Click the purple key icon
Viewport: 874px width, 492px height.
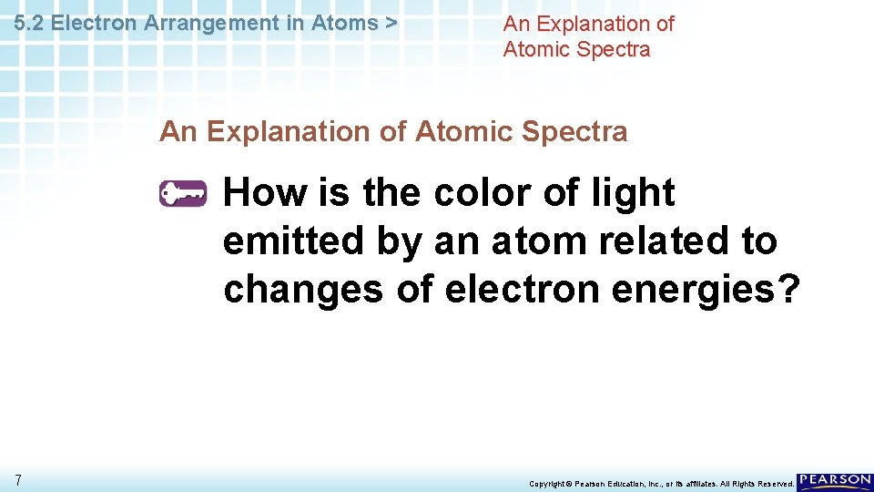point(183,194)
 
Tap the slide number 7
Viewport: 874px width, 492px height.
point(18,480)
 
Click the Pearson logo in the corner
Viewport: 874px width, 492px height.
point(835,482)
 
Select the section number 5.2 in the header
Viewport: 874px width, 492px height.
point(31,24)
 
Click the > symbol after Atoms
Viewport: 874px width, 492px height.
point(391,24)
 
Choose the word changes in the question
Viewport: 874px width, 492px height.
point(303,290)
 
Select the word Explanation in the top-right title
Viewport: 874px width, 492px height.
point(591,24)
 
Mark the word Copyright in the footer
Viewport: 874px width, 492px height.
point(549,484)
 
